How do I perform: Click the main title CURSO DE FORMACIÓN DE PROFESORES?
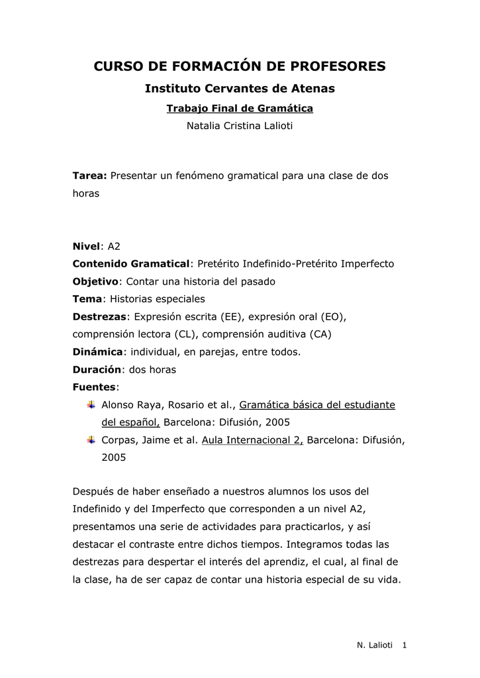(240, 66)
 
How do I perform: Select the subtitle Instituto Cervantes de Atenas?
(240, 88)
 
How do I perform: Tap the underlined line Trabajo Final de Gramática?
(240, 108)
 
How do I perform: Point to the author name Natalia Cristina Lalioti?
(240, 126)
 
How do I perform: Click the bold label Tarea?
(89, 177)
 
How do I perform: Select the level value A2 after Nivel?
(114, 246)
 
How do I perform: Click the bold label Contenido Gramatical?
(130, 264)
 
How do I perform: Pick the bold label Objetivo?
(95, 281)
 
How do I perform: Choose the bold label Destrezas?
(99, 316)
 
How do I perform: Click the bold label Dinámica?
(97, 352)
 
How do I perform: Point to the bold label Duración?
(97, 369)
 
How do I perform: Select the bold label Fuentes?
(94, 387)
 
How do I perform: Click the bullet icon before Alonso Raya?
(91, 404)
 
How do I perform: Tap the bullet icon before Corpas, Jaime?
(91, 439)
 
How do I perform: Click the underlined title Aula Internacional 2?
(252, 440)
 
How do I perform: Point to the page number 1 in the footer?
(405, 646)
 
